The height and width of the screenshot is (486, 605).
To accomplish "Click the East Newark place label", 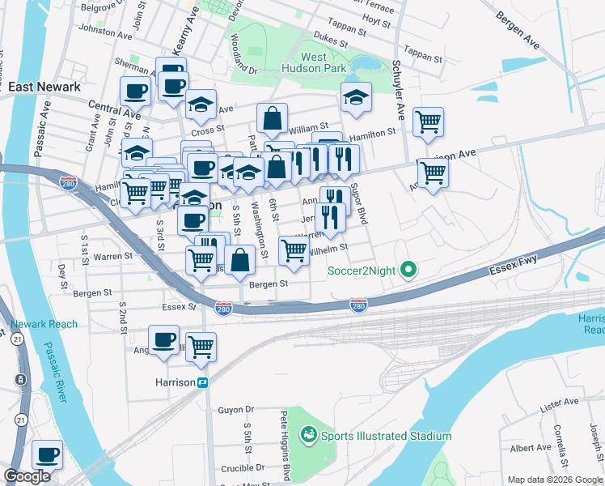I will (x=41, y=86).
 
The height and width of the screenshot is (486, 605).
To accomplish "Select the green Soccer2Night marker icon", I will (x=409, y=270).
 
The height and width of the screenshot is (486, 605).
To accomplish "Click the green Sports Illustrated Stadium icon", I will (x=308, y=436).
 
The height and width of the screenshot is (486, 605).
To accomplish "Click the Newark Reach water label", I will (x=44, y=325).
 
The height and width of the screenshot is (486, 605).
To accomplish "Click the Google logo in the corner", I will (x=27, y=477).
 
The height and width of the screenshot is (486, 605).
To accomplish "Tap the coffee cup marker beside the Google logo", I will (x=47, y=454).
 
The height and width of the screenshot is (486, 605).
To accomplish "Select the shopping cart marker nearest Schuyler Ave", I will (x=428, y=122).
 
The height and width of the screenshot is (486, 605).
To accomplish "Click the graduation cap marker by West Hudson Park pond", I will (x=355, y=96).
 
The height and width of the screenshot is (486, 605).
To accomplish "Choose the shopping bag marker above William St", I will (x=273, y=118).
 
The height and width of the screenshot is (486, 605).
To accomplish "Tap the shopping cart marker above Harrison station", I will (x=201, y=347).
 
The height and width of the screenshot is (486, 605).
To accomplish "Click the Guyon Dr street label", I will (x=235, y=410).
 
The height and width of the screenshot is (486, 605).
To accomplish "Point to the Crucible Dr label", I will (x=242, y=467).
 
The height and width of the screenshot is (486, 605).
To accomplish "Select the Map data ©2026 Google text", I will (x=554, y=479).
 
